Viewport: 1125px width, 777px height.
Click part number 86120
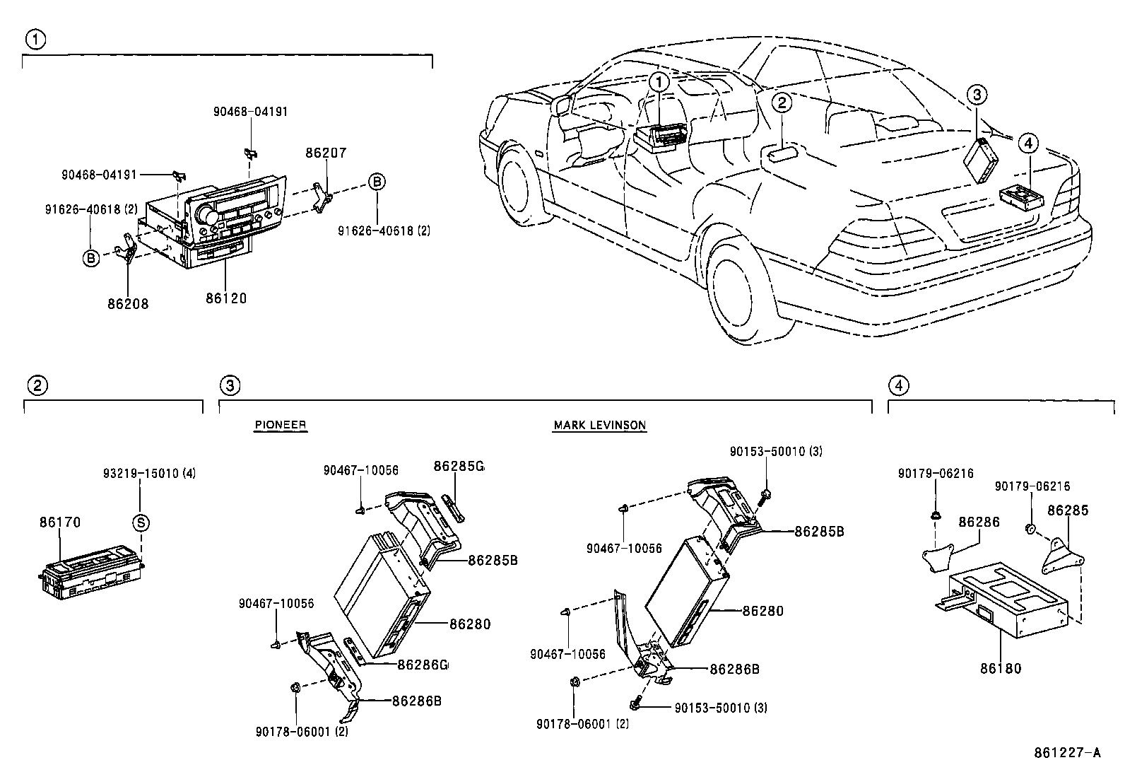coord(226,298)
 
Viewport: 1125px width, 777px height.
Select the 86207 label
coord(326,153)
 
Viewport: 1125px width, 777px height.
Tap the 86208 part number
coord(128,304)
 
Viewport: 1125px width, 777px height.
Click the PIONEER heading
coord(281,425)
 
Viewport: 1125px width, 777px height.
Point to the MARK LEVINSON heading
coord(599,425)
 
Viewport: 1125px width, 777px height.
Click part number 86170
coord(60,522)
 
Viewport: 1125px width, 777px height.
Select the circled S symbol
coord(141,522)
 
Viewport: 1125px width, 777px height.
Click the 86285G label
coord(459,466)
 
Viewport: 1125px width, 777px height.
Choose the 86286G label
coord(423,665)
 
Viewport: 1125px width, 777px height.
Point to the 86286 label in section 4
coord(979,522)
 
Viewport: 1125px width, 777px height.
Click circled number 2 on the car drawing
coord(782,103)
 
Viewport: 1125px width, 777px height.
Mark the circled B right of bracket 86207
coord(377,182)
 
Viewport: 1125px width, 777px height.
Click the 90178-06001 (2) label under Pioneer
coord(302,732)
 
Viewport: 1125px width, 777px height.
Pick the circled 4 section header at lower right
coord(898,385)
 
